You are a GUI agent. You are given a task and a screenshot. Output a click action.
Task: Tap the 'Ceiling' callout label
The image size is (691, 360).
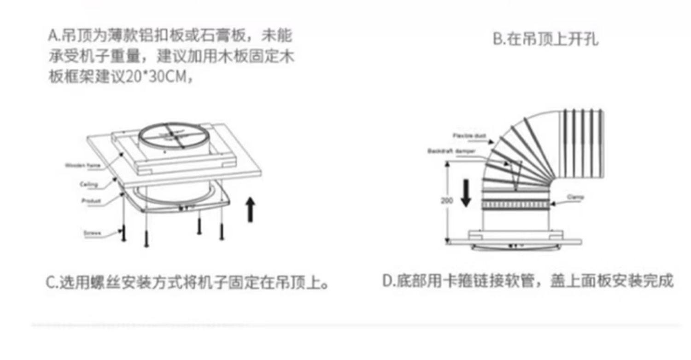click(88, 185)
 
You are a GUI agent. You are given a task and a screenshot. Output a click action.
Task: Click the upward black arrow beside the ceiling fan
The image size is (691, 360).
click(250, 209)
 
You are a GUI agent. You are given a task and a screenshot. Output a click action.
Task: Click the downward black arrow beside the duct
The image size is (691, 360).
click(466, 193)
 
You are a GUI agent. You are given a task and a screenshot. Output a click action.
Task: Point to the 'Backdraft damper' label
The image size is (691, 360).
click(451, 151)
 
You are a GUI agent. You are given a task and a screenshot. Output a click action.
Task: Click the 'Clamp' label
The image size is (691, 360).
click(575, 197)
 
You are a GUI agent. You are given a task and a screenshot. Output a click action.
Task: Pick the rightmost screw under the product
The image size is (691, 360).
click(222, 231)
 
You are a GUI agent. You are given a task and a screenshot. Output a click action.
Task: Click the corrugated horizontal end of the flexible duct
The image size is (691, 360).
click(583, 144)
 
